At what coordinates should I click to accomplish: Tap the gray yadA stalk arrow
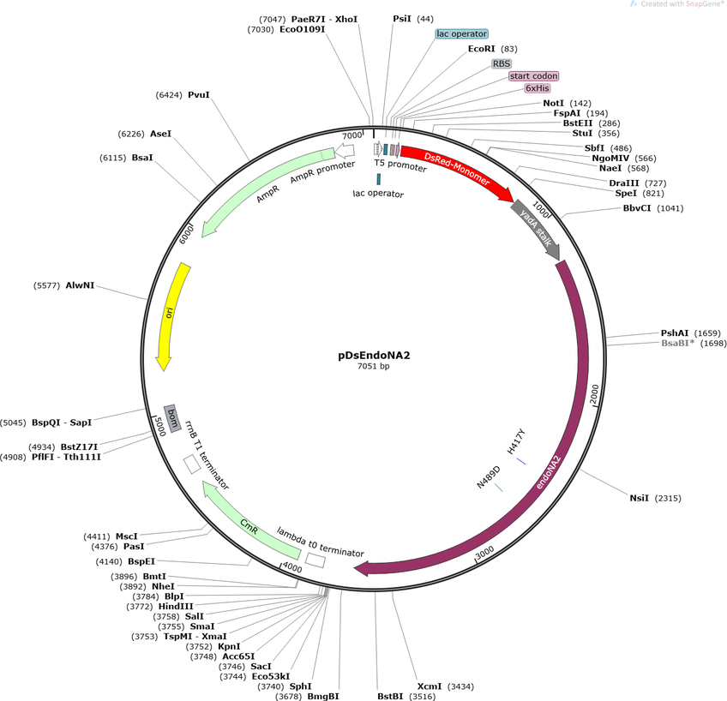tap(536, 229)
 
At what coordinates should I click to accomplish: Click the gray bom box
tap(171, 417)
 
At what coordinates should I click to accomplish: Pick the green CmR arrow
tap(249, 523)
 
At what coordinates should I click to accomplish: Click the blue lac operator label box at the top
tap(461, 34)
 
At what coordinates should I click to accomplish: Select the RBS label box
tap(502, 63)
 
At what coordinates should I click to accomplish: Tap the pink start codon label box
tap(533, 75)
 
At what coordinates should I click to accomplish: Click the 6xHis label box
tap(538, 88)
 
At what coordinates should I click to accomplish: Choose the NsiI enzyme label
tap(640, 498)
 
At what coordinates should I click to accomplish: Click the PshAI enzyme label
tap(674, 333)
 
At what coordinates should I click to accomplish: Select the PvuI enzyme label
tap(199, 95)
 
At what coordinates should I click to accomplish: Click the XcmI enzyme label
tap(430, 686)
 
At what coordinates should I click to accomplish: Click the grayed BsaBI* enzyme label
tap(677, 343)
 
